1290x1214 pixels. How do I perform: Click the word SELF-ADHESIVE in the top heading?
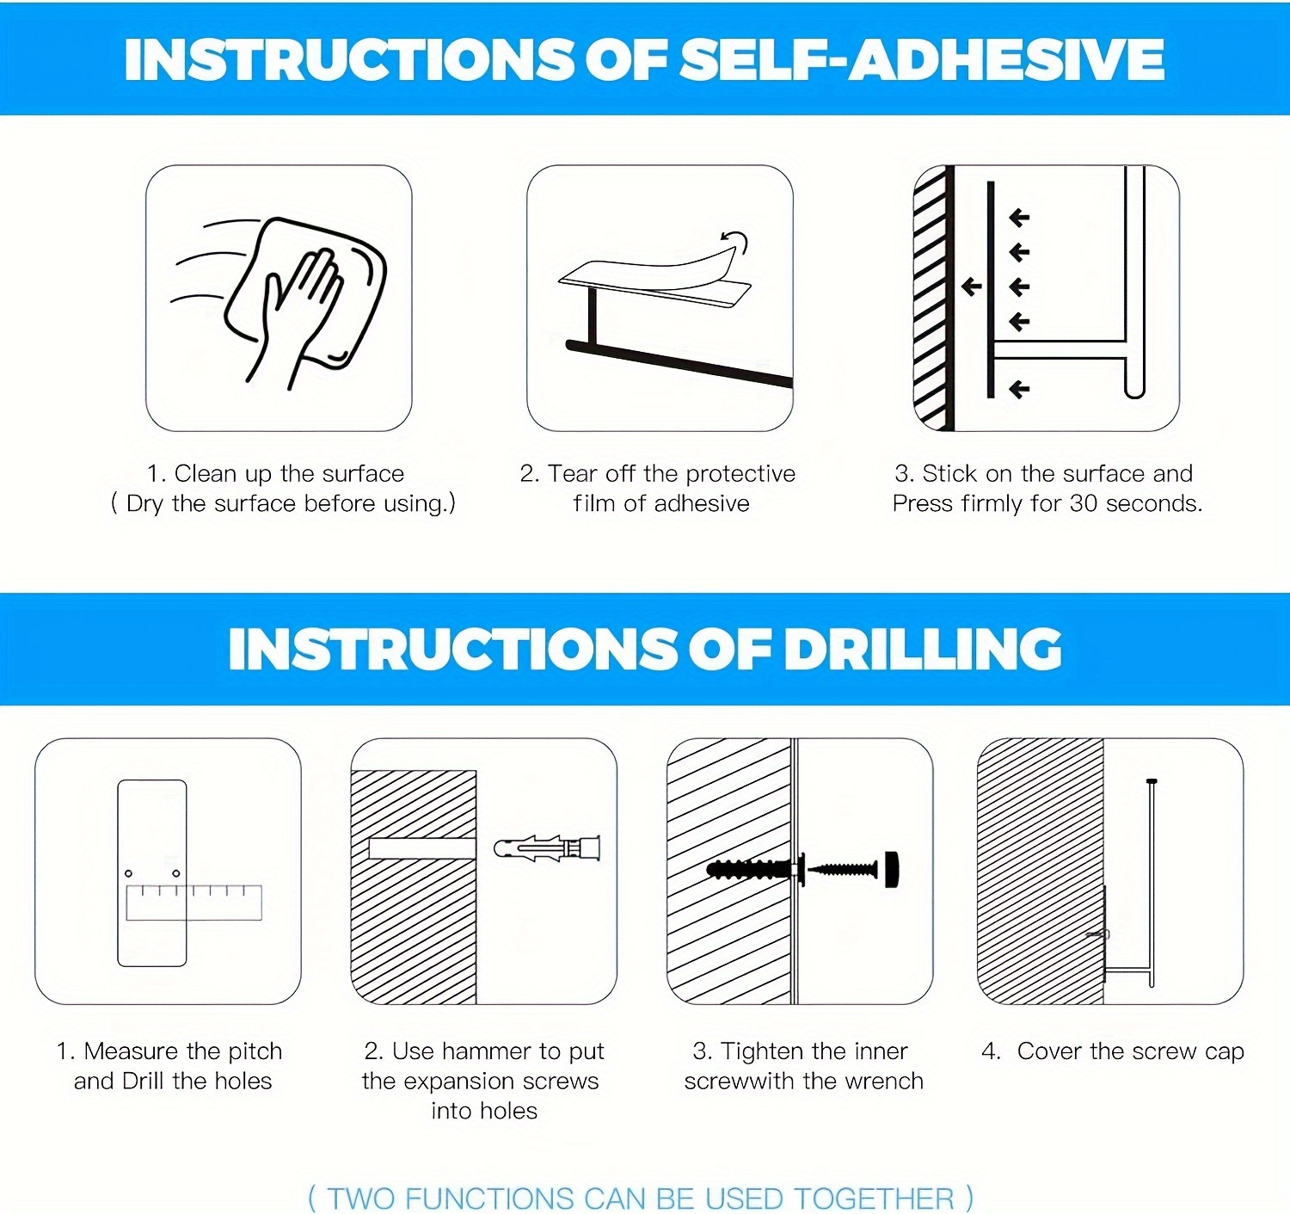pos(922,59)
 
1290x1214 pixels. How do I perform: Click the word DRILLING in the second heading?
pos(923,650)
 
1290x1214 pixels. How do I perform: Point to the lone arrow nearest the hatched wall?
pos(972,286)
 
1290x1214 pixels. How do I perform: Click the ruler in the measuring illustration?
pos(193,902)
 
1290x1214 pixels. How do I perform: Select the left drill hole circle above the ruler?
pos(129,872)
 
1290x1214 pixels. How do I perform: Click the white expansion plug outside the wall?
pos(547,848)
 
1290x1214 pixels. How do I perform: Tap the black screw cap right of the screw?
pos(891,870)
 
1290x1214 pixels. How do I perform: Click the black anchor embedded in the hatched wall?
pos(752,869)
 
